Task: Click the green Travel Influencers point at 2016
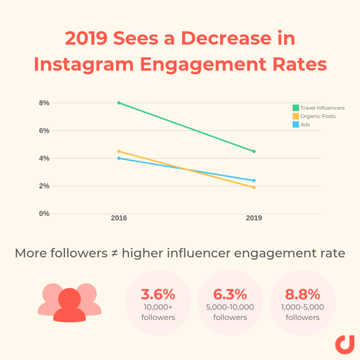(x=119, y=103)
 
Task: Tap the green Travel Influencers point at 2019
(x=254, y=151)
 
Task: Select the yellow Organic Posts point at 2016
(x=119, y=151)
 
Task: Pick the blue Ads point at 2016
(x=119, y=158)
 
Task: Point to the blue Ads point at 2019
(x=254, y=181)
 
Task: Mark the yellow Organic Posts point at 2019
(x=254, y=187)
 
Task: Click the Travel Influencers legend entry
(x=319, y=107)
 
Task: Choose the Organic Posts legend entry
(x=314, y=116)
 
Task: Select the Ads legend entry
(x=301, y=125)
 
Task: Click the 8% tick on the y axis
(x=44, y=103)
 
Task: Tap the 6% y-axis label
(x=44, y=131)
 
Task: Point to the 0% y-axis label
(x=44, y=213)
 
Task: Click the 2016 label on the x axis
(x=119, y=218)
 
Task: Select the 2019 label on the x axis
(x=254, y=218)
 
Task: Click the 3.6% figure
(x=158, y=294)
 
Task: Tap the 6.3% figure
(x=230, y=294)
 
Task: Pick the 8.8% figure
(x=302, y=294)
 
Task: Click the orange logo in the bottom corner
(x=344, y=345)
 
